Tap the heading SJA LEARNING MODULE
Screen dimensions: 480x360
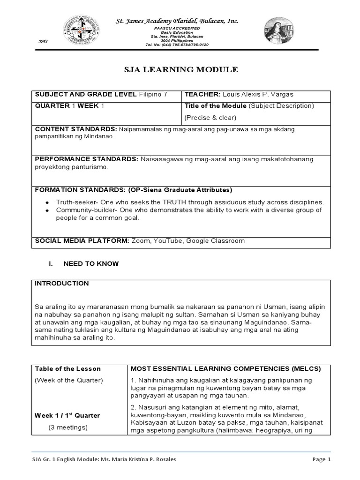coord(180,70)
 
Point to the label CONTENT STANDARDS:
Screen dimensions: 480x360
coord(76,128)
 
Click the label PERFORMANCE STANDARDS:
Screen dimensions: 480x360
coord(86,159)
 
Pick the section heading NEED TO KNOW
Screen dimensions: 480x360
coord(91,264)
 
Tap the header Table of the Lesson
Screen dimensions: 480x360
coord(68,368)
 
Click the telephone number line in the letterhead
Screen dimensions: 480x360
coord(177,45)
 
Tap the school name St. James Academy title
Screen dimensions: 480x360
coord(177,21)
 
